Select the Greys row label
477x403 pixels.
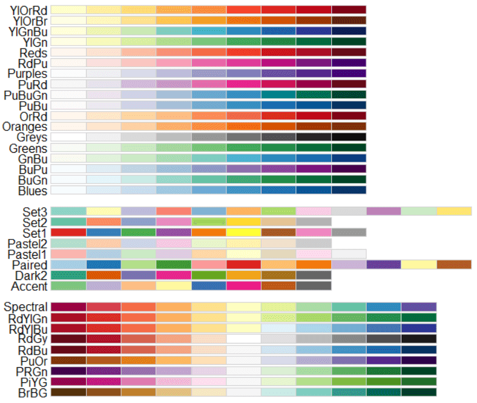31,138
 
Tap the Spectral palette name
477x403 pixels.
26,307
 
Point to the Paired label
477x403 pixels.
30,265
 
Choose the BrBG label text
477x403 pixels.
30,392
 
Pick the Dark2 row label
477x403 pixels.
31,275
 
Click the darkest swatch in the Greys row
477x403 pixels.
349,138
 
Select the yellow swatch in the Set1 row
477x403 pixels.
244,233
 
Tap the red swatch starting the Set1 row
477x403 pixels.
68,233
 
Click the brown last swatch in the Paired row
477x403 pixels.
454,265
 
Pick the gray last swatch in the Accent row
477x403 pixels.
314,286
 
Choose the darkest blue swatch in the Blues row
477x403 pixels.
349,191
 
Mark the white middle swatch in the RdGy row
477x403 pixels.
244,339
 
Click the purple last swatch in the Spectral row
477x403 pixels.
419,307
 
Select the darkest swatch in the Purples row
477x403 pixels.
349,74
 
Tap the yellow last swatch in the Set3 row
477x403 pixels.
454,211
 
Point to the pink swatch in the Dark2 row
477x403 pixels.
174,275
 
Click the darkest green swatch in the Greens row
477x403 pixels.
349,148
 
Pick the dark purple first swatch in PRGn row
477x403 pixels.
68,371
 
